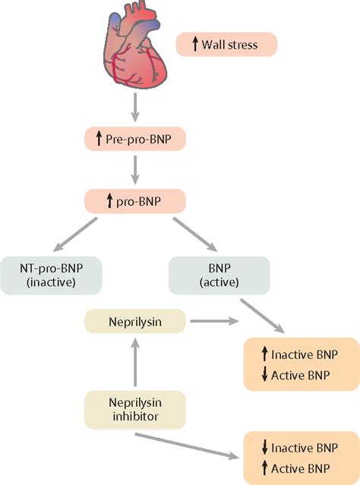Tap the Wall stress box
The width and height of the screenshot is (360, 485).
click(x=226, y=44)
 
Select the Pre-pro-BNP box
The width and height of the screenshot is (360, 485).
click(x=135, y=139)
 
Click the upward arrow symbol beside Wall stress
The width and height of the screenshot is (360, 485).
click(x=195, y=44)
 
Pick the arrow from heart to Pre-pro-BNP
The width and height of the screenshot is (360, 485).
click(x=134, y=107)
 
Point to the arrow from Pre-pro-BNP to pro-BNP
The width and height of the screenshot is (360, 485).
click(x=134, y=170)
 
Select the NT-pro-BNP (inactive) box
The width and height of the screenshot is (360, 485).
click(x=51, y=276)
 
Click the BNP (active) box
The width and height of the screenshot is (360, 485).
click(x=219, y=276)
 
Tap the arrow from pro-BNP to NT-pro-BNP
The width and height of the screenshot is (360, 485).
click(x=75, y=234)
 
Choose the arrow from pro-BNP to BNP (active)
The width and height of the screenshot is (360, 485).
click(x=195, y=234)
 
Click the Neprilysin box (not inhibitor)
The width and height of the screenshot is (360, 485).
click(x=135, y=321)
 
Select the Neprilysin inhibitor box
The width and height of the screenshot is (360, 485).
click(x=135, y=410)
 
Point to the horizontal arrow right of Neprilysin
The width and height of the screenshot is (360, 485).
click(x=214, y=321)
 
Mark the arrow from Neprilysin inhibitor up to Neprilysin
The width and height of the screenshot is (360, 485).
click(x=134, y=362)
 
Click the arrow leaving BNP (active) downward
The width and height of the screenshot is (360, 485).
click(x=263, y=316)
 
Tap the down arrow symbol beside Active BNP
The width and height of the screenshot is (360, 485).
click(x=264, y=375)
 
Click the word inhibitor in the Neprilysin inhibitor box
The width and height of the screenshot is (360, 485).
click(x=135, y=417)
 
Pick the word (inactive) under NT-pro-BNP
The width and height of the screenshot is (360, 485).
click(x=51, y=282)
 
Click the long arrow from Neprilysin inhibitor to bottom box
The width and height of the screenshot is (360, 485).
click(x=188, y=446)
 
